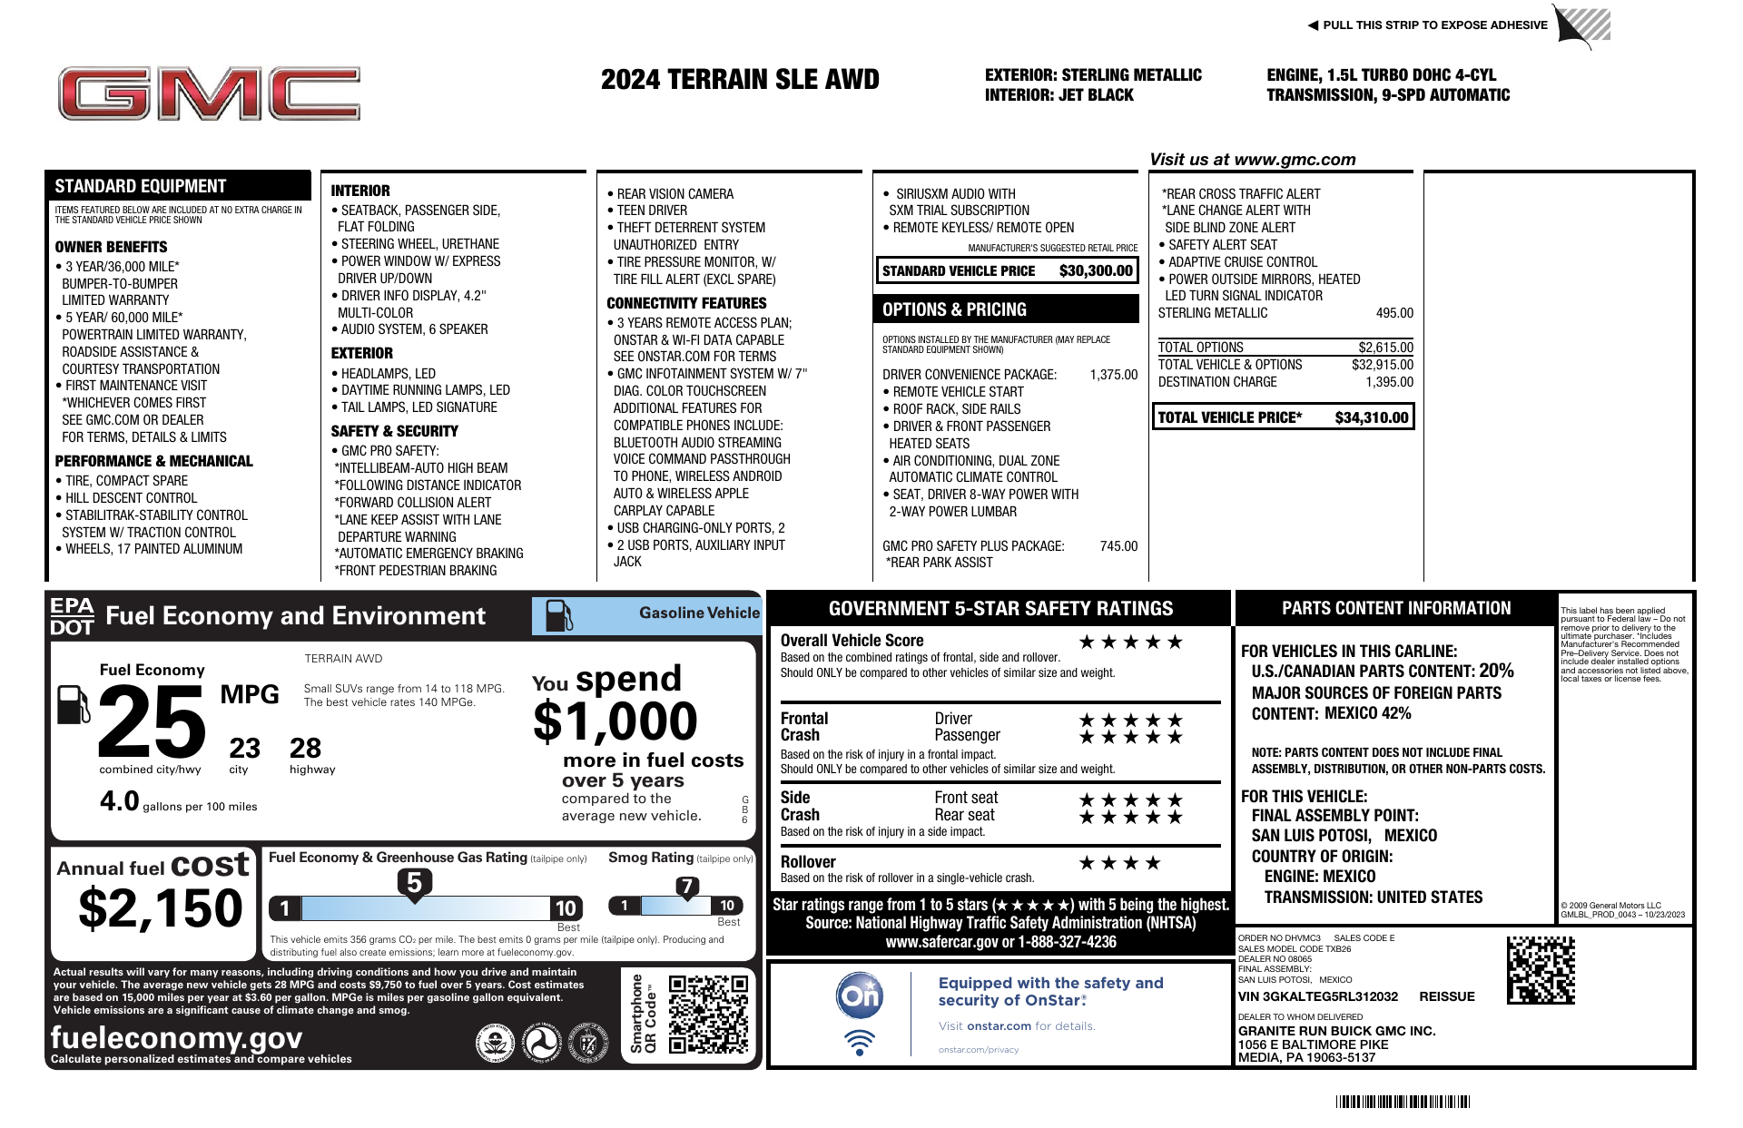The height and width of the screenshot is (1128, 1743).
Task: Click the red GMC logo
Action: pos(209,93)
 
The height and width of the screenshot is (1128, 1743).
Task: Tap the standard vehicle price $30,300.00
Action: pos(1095,270)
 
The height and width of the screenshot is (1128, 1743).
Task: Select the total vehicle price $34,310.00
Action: pos(1371,417)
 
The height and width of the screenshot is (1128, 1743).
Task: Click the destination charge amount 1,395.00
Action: pos(1389,382)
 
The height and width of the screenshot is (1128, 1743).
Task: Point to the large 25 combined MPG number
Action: pos(152,722)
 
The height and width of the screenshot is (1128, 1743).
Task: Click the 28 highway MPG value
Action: pos(305,749)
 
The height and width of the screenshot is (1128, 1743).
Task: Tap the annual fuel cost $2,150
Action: pos(161,908)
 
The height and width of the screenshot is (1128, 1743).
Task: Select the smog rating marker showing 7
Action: pos(687,887)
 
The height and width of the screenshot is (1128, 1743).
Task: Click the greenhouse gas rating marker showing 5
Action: pos(414,883)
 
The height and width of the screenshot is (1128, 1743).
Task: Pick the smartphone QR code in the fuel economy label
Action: pos(708,1014)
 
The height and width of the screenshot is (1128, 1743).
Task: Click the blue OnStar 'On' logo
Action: pos(859,996)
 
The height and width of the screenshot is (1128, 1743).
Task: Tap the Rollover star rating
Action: pos(1118,863)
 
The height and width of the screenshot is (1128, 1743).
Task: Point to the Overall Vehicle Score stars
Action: pos(1130,642)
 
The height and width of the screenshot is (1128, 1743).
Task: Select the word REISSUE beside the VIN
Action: pos(1446,996)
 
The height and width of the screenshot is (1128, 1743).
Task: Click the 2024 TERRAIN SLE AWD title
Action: pos(740,80)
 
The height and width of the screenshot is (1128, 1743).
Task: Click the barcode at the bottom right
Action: pos(1403,1102)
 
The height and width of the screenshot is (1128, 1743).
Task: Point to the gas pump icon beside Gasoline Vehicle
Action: pos(558,615)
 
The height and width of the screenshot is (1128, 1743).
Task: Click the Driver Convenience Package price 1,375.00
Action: pos(1113,375)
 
